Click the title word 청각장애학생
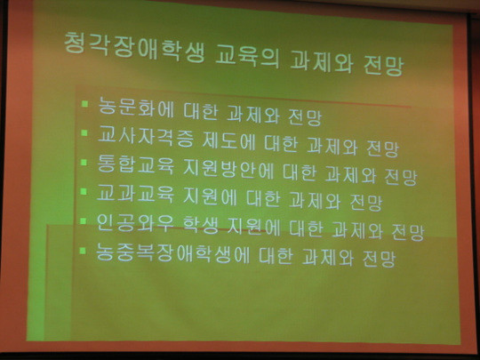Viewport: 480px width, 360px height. (x=133, y=48)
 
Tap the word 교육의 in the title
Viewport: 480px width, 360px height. (x=247, y=56)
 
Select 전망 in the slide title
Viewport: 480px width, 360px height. (x=384, y=64)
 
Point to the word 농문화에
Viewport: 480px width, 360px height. (x=136, y=107)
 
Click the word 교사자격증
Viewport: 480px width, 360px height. (x=146, y=136)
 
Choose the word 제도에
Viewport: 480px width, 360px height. (x=228, y=140)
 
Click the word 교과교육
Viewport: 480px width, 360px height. (x=135, y=193)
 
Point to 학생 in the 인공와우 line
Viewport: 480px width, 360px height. (x=201, y=225)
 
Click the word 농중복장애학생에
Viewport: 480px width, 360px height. (x=173, y=253)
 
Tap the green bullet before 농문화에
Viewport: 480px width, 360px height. (x=84, y=104)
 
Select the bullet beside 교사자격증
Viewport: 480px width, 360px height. (x=84, y=132)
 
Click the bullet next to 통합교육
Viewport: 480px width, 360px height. (x=84, y=162)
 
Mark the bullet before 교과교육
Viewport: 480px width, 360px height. (x=84, y=191)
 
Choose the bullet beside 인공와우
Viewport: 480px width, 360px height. (x=84, y=220)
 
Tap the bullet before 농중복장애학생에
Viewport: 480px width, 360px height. (x=83, y=251)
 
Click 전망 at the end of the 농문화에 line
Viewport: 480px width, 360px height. (x=305, y=116)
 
